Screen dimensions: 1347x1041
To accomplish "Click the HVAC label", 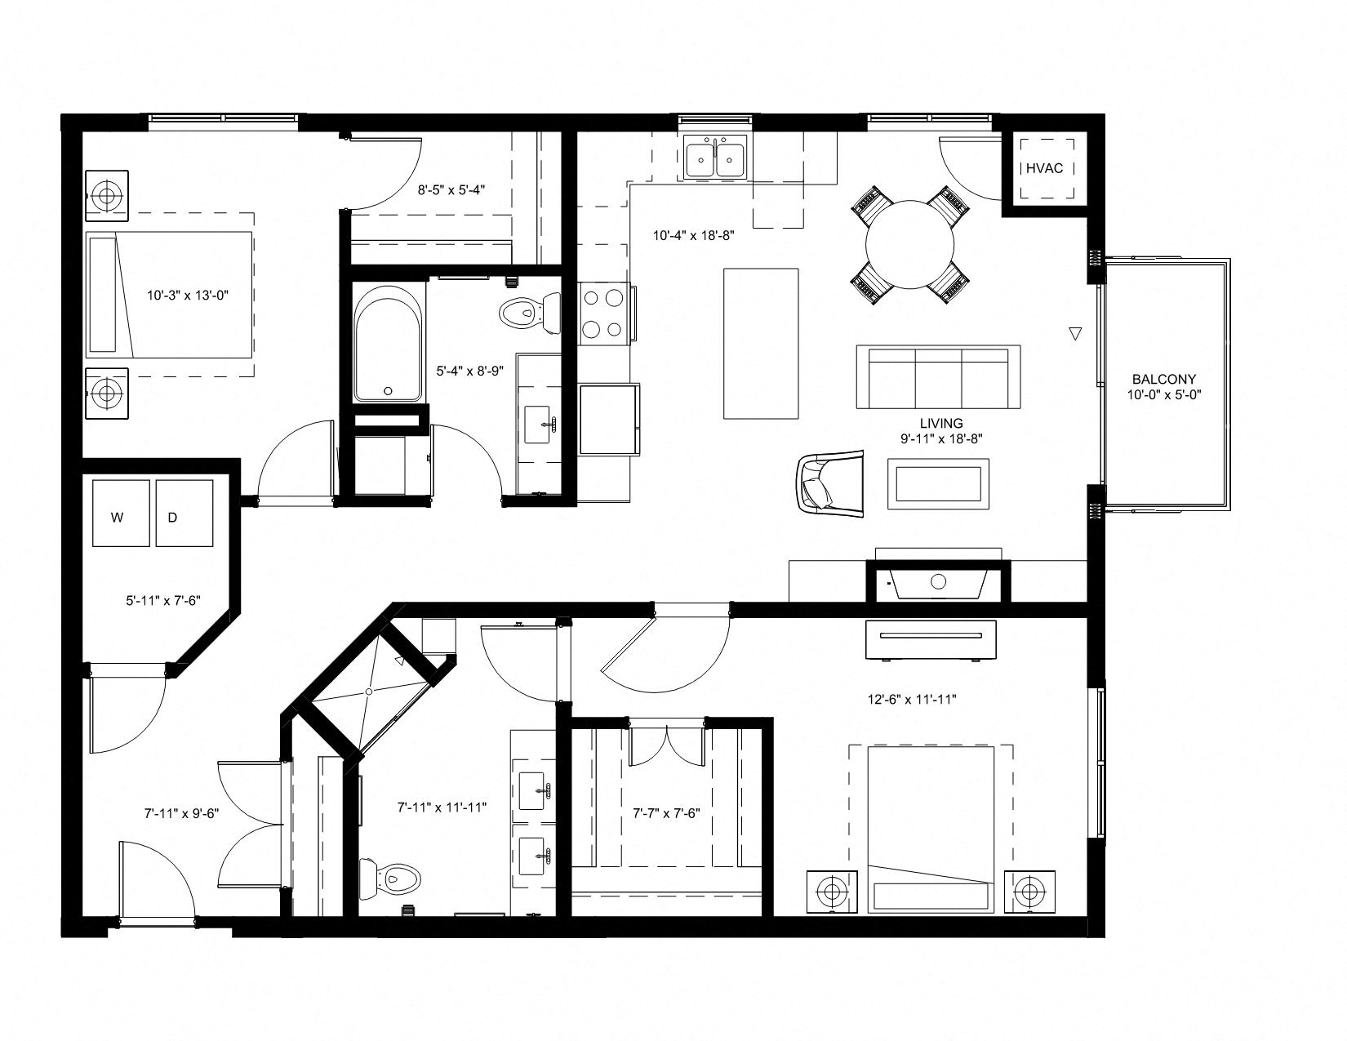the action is pos(1044,168).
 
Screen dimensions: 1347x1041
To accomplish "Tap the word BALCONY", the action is pos(1163,379).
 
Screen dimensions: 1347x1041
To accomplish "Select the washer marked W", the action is pos(121,513).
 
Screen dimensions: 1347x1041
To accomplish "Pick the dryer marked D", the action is pos(184,513).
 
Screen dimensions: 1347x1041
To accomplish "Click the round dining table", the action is pos(909,244).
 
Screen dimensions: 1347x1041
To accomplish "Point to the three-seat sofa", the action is pos(938,377).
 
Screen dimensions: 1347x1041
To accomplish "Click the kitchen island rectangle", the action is pos(761,344).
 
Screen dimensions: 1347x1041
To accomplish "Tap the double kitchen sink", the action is pos(715,158).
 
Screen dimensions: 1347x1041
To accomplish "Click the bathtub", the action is pos(389,343).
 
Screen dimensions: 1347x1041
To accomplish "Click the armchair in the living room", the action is pos(830,483).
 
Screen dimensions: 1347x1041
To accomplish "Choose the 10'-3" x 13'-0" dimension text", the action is pos(188,296).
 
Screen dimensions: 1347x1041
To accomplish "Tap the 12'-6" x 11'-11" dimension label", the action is pos(912,700).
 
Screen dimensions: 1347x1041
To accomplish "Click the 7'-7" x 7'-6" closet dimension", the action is pos(666,813).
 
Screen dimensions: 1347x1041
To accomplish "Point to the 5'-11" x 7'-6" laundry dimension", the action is pos(163,600).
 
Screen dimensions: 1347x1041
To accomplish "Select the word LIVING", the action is pos(941,424).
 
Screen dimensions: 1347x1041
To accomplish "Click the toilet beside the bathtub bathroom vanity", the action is pos(529,313).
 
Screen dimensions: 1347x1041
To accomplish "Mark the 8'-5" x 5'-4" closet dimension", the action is pos(451,189).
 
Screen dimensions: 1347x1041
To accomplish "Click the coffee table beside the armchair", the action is pos(938,483).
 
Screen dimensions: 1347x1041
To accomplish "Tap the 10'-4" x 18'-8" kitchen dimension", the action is pos(694,236).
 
